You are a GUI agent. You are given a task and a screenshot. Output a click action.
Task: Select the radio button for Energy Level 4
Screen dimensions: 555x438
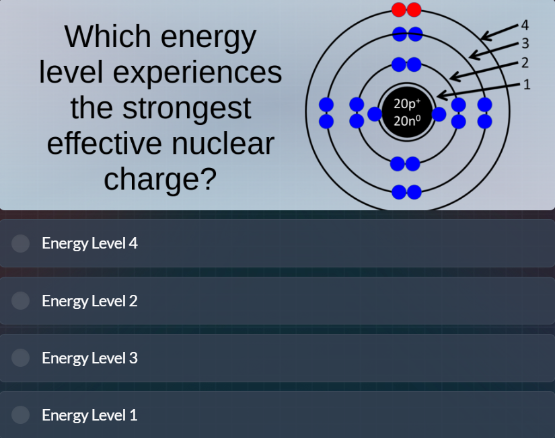[21, 243]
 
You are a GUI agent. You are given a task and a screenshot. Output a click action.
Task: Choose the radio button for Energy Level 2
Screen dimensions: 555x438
[21, 301]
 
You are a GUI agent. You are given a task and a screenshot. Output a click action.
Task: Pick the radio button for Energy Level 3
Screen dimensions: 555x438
[21, 358]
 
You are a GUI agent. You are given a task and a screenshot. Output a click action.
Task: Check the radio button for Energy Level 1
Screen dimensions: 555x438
[21, 415]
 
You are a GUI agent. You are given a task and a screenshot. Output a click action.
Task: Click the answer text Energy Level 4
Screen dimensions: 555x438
[89, 243]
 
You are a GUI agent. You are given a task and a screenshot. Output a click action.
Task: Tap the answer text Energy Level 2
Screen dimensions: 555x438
[89, 301]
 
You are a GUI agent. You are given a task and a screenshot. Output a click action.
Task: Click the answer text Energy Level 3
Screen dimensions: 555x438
[89, 358]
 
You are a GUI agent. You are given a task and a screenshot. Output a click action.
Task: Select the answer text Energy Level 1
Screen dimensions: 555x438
[89, 415]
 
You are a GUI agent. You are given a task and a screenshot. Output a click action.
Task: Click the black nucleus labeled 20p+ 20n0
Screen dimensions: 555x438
[406, 112]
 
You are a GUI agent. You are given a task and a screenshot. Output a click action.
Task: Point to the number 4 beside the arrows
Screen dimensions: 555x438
[525, 26]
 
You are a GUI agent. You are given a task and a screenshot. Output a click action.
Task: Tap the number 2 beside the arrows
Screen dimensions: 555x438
[525, 64]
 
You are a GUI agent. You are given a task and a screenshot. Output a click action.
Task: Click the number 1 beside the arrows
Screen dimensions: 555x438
[526, 85]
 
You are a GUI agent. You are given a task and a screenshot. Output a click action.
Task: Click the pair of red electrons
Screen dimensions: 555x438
[406, 9]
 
